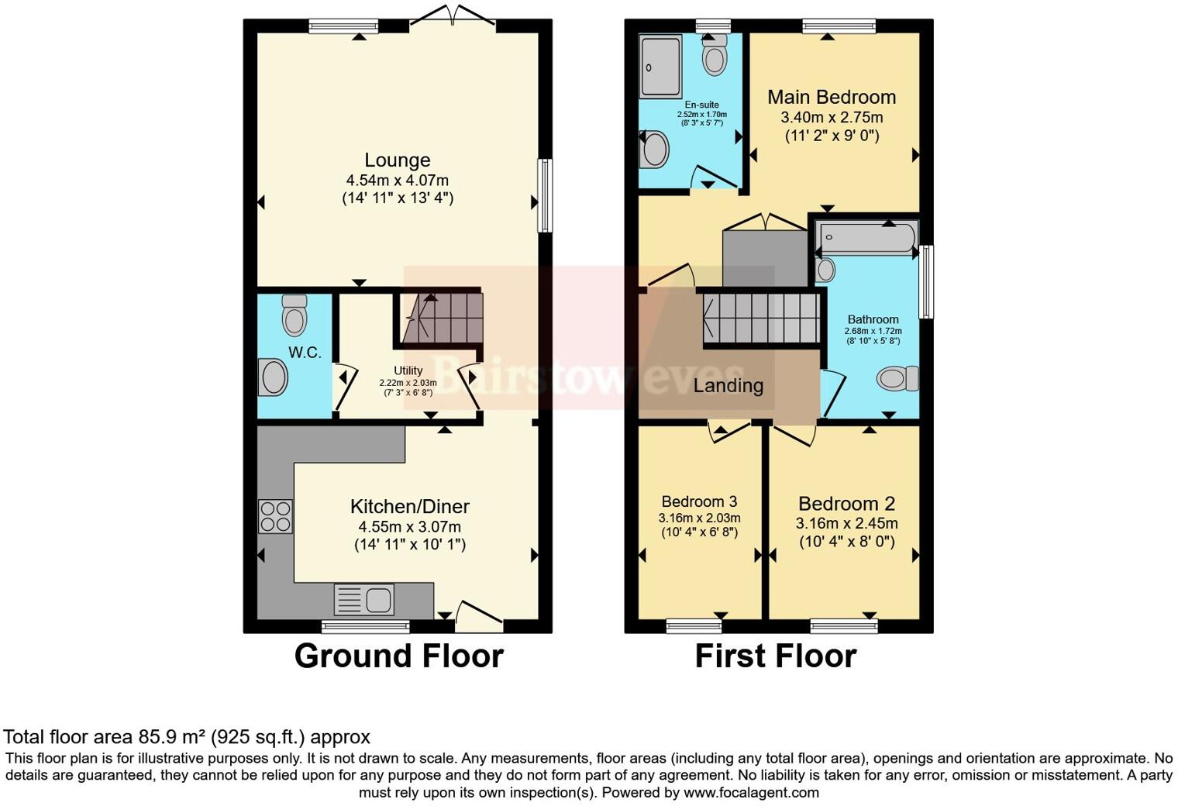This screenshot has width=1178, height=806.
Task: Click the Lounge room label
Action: point(398,160)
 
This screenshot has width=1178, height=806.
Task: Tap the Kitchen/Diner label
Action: point(410,507)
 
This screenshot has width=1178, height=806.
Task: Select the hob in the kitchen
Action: point(275,516)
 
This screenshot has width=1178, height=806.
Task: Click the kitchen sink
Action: point(364,600)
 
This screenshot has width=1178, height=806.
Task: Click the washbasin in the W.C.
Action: point(273,377)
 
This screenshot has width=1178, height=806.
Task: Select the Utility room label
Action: point(408,370)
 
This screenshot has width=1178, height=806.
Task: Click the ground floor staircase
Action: point(442,318)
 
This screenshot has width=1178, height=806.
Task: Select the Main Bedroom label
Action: point(832,97)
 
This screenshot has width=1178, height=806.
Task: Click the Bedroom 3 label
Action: point(699,501)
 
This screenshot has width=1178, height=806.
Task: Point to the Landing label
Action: point(728,385)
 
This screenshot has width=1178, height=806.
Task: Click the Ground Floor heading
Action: point(398,656)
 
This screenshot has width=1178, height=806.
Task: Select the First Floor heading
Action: point(775,656)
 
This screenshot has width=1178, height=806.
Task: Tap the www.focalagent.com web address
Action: point(751,792)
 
